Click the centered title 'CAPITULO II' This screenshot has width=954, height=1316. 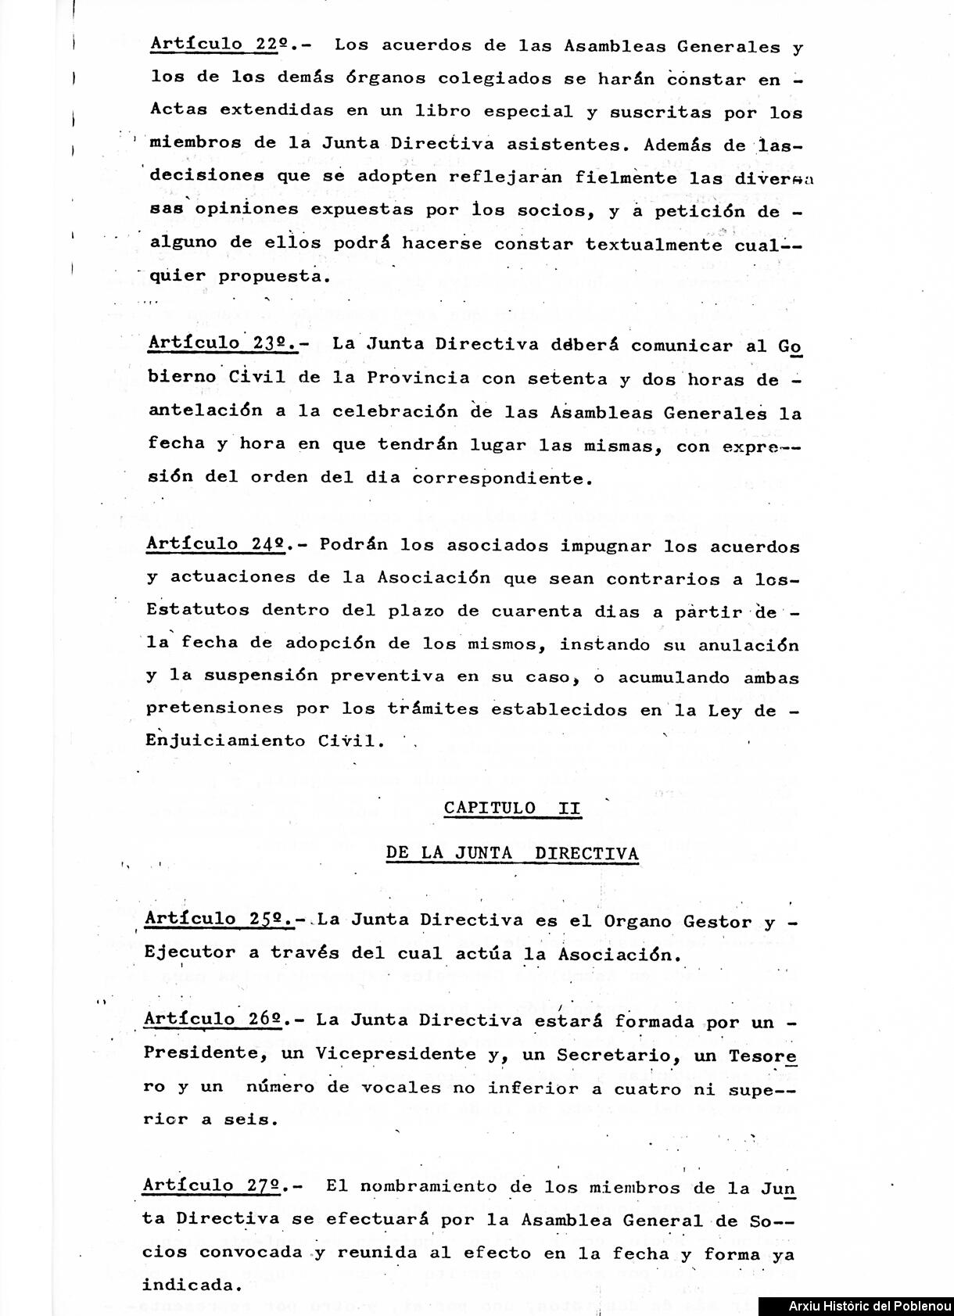[512, 809]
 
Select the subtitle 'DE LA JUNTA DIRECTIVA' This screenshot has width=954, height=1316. [512, 853]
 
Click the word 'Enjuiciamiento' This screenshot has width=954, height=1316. [225, 740]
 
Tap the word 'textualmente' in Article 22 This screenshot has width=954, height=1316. [654, 243]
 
